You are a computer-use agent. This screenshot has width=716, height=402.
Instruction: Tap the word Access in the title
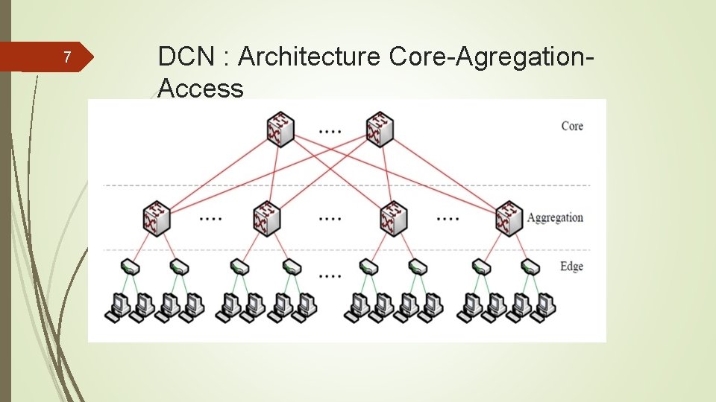pyautogui.click(x=201, y=89)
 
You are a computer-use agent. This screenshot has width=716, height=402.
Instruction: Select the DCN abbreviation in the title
pyautogui.click(x=186, y=57)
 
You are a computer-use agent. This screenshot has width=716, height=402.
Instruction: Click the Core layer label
pyautogui.click(x=572, y=126)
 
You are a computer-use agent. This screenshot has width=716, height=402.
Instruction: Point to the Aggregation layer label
pyautogui.click(x=555, y=218)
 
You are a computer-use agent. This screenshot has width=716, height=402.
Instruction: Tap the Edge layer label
pyautogui.click(x=571, y=267)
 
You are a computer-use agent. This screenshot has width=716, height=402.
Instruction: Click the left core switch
pyautogui.click(x=280, y=129)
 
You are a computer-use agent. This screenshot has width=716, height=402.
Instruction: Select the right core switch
pyautogui.click(x=380, y=129)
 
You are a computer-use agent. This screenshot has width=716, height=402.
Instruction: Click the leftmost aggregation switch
pyautogui.click(x=157, y=218)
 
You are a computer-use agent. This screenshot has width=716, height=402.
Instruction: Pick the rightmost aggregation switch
pyautogui.click(x=509, y=218)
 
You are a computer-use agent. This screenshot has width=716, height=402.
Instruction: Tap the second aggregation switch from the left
pyautogui.click(x=266, y=218)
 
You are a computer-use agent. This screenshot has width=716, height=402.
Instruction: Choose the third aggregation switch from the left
pyautogui.click(x=393, y=218)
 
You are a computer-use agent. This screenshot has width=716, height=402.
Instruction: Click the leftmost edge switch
pyautogui.click(x=129, y=266)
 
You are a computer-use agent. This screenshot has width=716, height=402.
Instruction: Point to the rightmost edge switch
pyautogui.click(x=531, y=266)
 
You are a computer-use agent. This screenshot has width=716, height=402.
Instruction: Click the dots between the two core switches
pyautogui.click(x=330, y=130)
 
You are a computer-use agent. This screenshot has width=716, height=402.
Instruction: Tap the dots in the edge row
pyautogui.click(x=330, y=275)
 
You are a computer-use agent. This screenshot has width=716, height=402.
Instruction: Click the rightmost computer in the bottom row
pyautogui.click(x=544, y=307)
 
